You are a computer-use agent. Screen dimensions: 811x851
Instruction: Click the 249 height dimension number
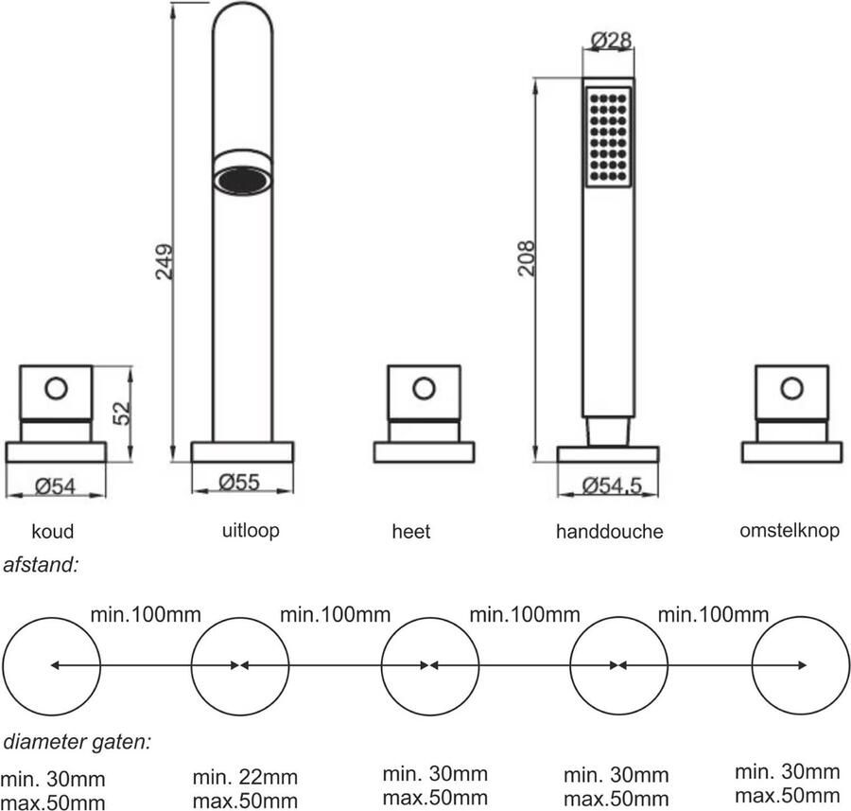[x=164, y=262]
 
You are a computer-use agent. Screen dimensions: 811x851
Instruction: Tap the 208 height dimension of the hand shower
[x=527, y=257]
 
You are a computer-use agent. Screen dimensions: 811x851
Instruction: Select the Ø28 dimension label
[x=610, y=40]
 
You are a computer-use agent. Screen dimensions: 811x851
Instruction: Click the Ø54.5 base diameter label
[x=612, y=485]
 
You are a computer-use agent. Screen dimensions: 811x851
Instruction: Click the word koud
[x=52, y=531]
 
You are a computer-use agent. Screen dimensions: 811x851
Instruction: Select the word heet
[x=410, y=532]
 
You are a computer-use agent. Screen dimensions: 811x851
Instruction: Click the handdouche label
[x=609, y=532]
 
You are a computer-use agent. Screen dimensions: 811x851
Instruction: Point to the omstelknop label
[x=789, y=530]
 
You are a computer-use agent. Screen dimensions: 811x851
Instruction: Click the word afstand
[x=42, y=566]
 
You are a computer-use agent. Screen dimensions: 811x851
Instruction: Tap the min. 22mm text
[x=245, y=778]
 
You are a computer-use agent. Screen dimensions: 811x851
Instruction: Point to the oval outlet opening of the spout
[x=243, y=178]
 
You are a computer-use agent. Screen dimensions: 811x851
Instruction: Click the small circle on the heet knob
[x=425, y=387]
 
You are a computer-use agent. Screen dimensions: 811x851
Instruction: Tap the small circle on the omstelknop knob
[x=792, y=387]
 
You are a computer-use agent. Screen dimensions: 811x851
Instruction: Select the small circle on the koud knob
[x=56, y=387]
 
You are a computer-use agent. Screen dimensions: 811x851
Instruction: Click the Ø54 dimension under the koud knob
[x=56, y=486]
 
